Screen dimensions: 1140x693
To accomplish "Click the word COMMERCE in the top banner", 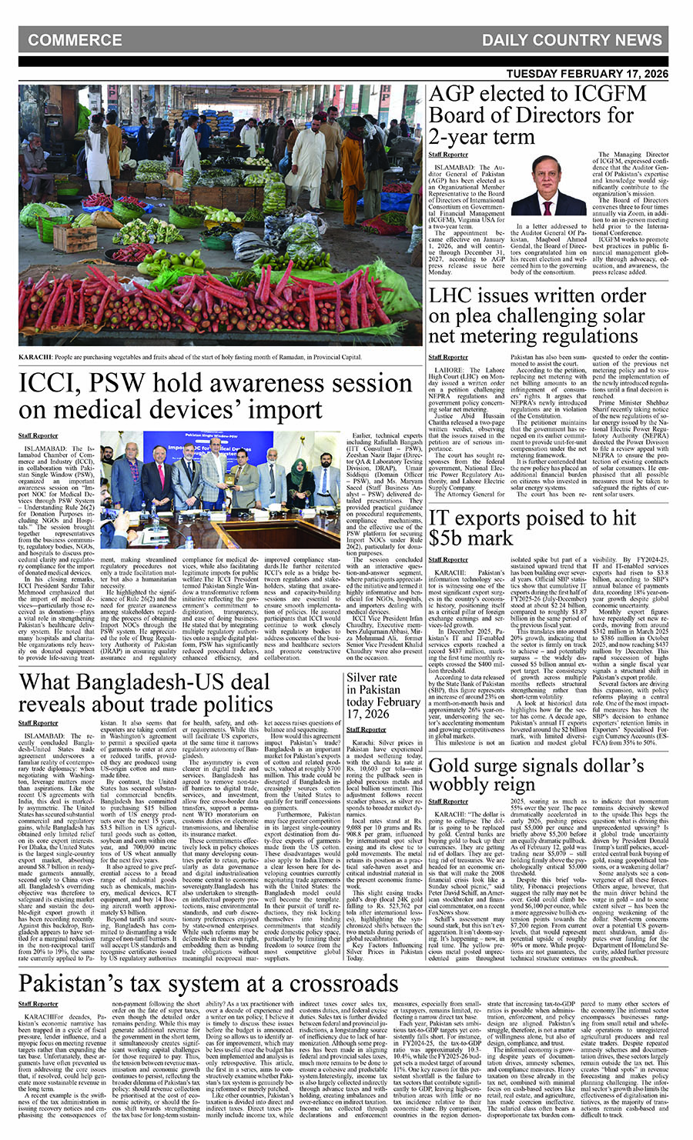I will pyautogui.click(x=75, y=40).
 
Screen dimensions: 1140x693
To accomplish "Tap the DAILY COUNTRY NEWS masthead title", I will pyautogui.click(x=572, y=40).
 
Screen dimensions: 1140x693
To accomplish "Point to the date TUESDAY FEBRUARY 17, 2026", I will pyautogui.click(x=588, y=74).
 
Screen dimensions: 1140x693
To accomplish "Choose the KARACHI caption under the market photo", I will pyautogui.click(x=189, y=357).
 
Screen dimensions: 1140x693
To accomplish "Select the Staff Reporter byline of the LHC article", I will pyautogui.click(x=448, y=357).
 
